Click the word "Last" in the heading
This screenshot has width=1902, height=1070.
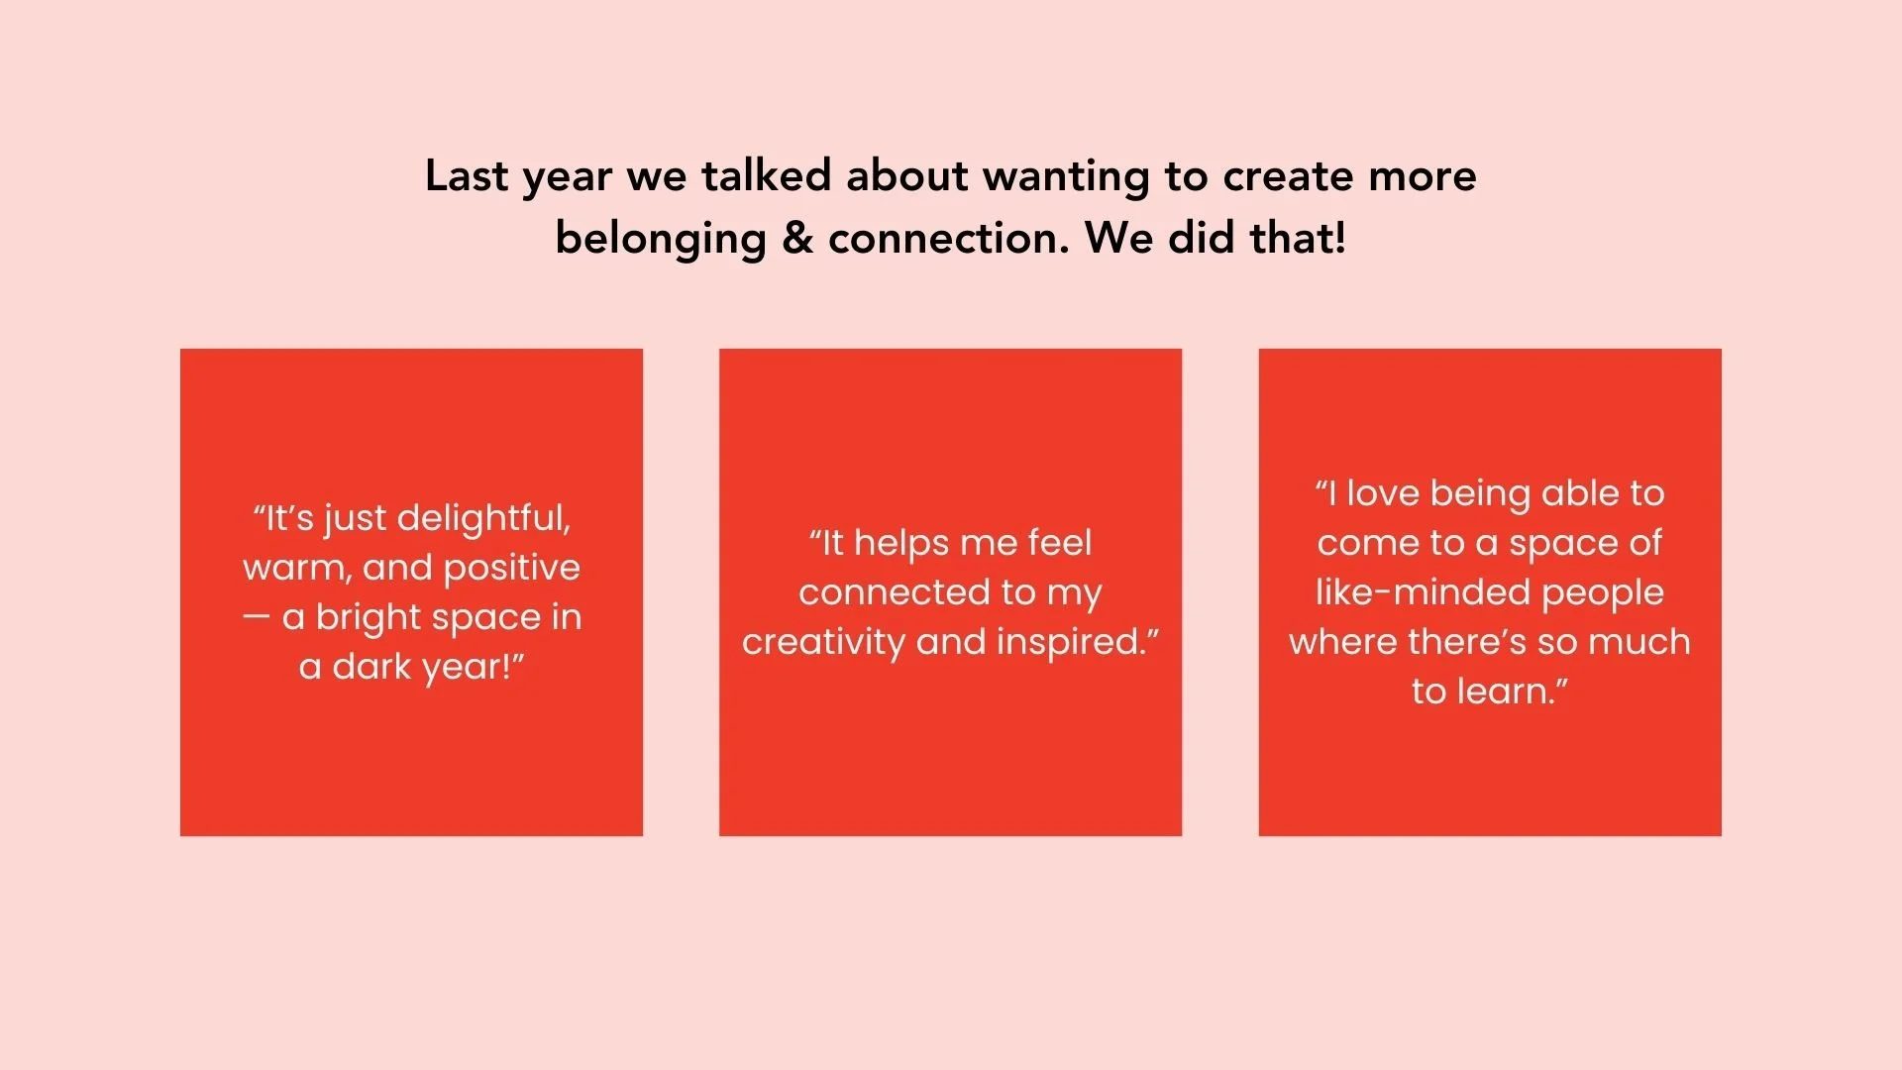click(x=467, y=175)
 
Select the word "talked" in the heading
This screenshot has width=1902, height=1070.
click(x=766, y=175)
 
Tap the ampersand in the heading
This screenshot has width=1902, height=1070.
click(x=797, y=238)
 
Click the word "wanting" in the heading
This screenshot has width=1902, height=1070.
click(x=1066, y=177)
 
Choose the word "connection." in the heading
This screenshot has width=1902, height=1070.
click(x=949, y=239)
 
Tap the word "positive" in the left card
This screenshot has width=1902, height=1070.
click(x=511, y=569)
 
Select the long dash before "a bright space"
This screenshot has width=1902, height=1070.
click(x=256, y=617)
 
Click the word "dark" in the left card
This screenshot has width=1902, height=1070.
click(x=370, y=667)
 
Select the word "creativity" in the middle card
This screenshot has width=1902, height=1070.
click(x=823, y=643)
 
